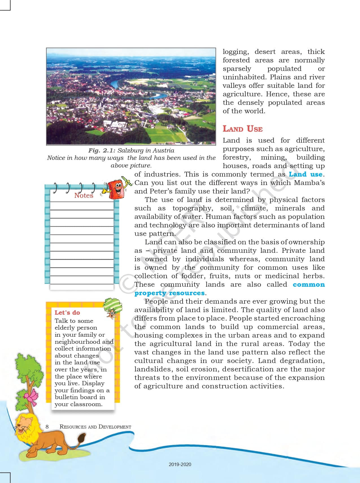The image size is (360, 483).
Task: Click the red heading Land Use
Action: pyautogui.click(x=243, y=129)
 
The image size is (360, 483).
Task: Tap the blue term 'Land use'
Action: pyautogui.click(x=305, y=174)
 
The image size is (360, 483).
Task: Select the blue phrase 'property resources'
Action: pyautogui.click(x=169, y=293)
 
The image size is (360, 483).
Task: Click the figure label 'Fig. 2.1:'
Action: pyautogui.click(x=102, y=151)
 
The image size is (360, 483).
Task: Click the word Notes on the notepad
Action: pyautogui.click(x=84, y=195)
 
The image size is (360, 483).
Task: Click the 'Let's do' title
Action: pyautogui.click(x=67, y=313)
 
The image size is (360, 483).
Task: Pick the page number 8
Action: pyautogui.click(x=47, y=427)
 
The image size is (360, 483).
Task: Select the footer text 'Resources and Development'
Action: pyautogui.click(x=95, y=427)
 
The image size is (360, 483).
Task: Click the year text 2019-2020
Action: pyautogui.click(x=180, y=464)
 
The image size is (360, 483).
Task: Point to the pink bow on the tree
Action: pyautogui.click(x=31, y=396)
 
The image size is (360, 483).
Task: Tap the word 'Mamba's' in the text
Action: pyautogui.click(x=309, y=183)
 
